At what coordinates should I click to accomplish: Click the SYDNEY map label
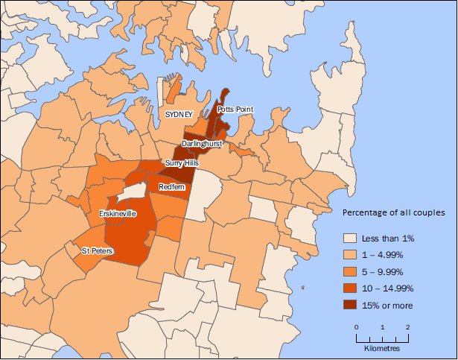pyautogui.click(x=179, y=114)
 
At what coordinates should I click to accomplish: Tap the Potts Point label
pyautogui.click(x=235, y=110)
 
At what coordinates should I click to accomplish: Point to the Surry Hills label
pyautogui.click(x=182, y=162)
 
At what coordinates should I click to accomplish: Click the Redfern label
pyautogui.click(x=171, y=186)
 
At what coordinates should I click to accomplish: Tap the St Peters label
pyautogui.click(x=98, y=251)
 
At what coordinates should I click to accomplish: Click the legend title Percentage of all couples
pyautogui.click(x=393, y=213)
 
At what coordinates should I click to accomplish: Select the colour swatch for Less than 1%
pyautogui.click(x=351, y=238)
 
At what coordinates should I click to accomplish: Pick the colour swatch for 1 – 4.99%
pyautogui.click(x=351, y=255)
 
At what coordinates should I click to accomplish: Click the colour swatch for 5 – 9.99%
pyautogui.click(x=351, y=271)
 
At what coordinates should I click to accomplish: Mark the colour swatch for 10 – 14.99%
pyautogui.click(x=351, y=288)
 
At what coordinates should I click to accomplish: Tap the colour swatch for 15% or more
pyautogui.click(x=351, y=305)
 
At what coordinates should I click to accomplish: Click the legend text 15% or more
pyautogui.click(x=387, y=306)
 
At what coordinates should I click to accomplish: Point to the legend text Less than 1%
pyautogui.click(x=388, y=239)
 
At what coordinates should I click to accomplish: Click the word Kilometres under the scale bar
pyautogui.click(x=382, y=348)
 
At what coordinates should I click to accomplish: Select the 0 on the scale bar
pyautogui.click(x=357, y=328)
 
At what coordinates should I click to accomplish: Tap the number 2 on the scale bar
pyautogui.click(x=408, y=328)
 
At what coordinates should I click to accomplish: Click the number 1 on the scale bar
pyautogui.click(x=382, y=328)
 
